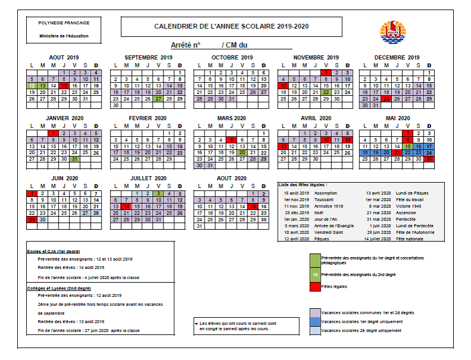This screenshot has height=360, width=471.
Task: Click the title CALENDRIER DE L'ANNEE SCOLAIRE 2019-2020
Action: (x=231, y=26)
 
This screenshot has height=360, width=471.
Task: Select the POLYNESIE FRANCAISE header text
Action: (x=64, y=23)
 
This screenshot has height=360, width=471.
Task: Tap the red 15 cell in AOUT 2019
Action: (x=64, y=86)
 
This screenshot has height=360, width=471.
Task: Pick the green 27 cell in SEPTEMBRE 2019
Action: (x=158, y=99)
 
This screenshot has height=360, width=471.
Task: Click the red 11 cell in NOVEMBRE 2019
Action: (x=284, y=86)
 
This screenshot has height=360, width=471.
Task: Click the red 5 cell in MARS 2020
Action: (x=231, y=139)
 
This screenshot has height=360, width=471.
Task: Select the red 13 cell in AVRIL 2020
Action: (x=284, y=146)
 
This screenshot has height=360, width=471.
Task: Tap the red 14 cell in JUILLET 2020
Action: (x=127, y=206)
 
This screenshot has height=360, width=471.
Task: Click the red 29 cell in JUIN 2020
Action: (x=32, y=220)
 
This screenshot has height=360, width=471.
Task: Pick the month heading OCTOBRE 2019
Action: (x=231, y=57)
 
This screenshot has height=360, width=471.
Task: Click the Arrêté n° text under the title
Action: (x=185, y=45)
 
